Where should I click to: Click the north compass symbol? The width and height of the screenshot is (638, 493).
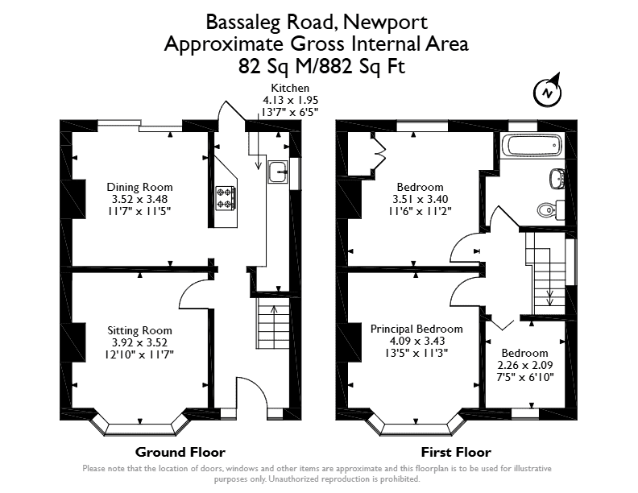(548, 92)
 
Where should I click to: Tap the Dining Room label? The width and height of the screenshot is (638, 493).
(139, 187)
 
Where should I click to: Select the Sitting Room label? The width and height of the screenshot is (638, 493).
(139, 330)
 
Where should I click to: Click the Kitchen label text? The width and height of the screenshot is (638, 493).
(290, 88)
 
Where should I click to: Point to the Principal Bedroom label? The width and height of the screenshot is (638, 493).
(416, 329)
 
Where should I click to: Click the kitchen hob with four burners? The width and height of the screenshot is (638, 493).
(226, 198)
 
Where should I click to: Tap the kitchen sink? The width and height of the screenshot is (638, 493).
(278, 172)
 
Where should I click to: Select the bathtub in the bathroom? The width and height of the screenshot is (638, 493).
(532, 146)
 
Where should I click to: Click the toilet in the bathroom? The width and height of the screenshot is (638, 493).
(550, 210)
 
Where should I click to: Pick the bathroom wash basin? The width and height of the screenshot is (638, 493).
(557, 179)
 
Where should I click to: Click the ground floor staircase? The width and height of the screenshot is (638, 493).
(272, 323)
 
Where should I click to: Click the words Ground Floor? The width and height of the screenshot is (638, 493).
(180, 452)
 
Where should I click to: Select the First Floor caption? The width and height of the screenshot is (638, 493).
(456, 452)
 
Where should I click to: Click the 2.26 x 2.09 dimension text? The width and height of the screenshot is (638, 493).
(525, 365)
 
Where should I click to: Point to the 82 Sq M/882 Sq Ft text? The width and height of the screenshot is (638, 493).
(321, 66)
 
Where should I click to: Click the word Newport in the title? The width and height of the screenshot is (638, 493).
(385, 22)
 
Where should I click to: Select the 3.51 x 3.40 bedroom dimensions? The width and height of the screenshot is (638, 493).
(420, 199)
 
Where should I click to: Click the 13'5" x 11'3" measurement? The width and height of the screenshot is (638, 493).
(416, 353)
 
